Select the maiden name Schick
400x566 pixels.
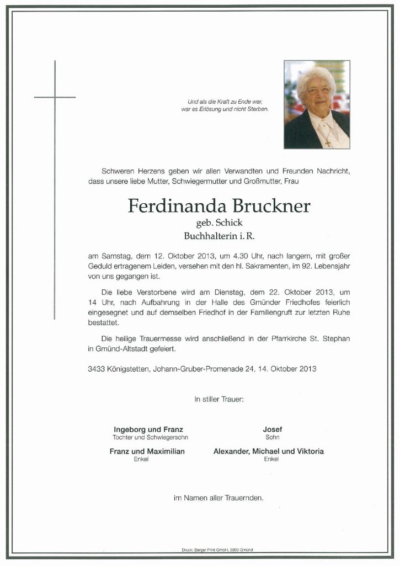pos(231,224)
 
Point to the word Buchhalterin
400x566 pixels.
pos(209,236)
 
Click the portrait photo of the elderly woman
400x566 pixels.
pos(317,104)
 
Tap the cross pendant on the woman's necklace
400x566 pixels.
pos(327,143)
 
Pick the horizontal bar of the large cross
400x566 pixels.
pos(55,97)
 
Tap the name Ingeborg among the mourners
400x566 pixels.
pos(130,430)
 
